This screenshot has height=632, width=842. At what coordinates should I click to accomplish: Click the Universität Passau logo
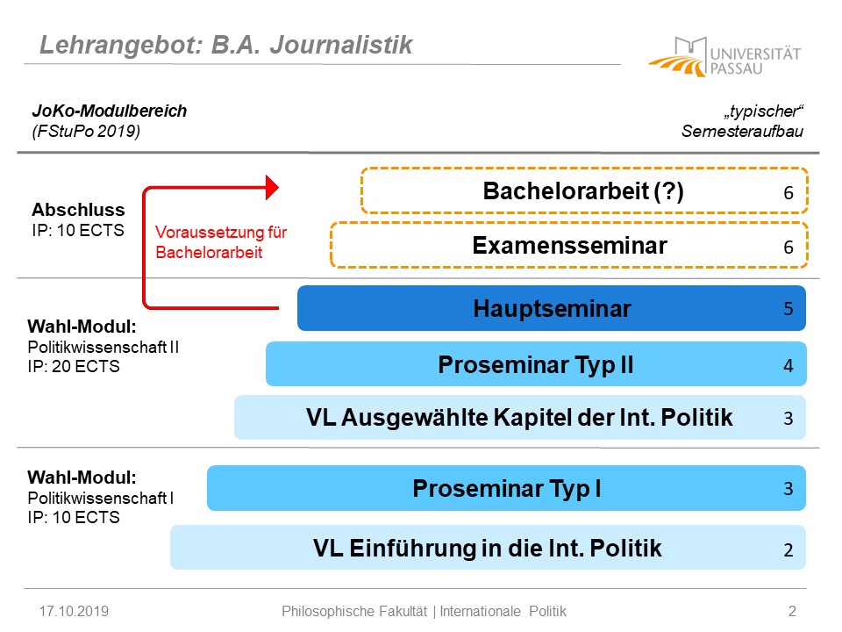coord(724,57)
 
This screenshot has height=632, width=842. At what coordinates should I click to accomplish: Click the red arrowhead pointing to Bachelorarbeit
coord(272,188)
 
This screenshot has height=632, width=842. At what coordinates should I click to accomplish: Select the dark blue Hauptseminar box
coord(552,308)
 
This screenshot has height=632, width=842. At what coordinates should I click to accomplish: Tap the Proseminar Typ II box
coord(536,363)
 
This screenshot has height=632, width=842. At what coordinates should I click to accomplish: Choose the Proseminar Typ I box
coord(506,488)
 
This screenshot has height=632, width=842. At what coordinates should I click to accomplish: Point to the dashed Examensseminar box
coord(569,245)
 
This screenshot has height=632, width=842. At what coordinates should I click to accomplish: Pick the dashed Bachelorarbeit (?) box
coord(584,190)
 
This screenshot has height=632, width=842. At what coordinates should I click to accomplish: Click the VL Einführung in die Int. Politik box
coord(489,548)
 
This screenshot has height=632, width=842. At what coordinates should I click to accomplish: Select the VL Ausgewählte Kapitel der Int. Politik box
coord(520,418)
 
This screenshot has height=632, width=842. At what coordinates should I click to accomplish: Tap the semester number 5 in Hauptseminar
coord(788,308)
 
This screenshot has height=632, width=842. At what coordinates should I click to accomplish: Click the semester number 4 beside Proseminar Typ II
coord(788,365)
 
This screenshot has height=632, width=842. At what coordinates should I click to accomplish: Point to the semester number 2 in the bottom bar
coord(788,549)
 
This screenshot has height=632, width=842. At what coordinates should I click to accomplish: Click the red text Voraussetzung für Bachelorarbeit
coord(221,242)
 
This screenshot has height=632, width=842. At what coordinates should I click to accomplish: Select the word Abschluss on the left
coord(78,209)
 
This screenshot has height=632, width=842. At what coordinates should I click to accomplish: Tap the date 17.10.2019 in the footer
coord(74,611)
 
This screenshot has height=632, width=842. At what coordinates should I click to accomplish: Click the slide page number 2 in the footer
coord(792,611)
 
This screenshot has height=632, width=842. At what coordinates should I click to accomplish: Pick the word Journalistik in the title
coord(341,44)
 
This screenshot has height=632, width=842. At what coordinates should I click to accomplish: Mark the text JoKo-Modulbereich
coord(110,111)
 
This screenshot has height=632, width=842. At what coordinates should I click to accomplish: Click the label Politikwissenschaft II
coord(103,348)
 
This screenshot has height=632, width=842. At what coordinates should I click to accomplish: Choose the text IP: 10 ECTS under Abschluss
coord(78,230)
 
